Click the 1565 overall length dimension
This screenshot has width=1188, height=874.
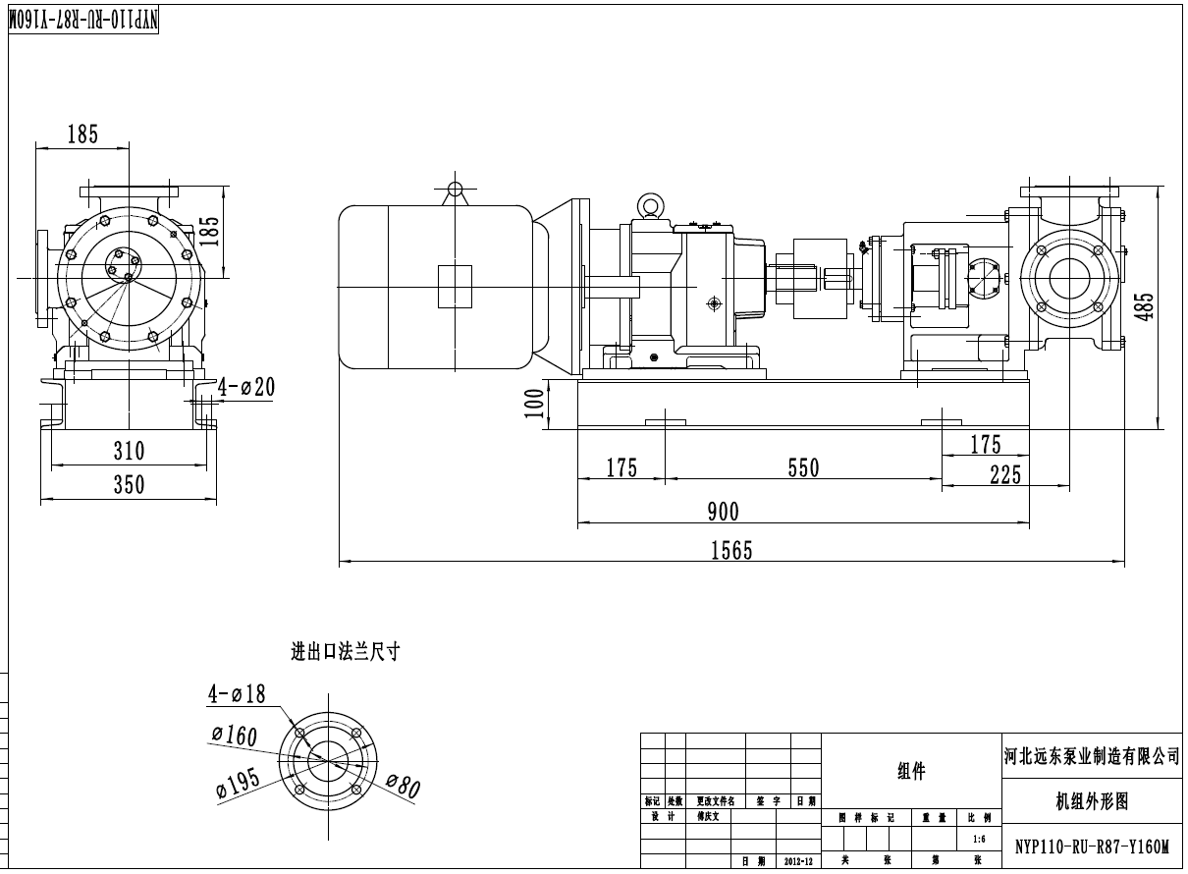[x=731, y=550]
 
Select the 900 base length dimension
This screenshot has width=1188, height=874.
[x=723, y=511]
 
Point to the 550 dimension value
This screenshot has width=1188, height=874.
[x=803, y=468]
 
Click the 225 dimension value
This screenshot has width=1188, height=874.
[x=1005, y=476]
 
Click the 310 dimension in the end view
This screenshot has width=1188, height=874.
[x=129, y=451]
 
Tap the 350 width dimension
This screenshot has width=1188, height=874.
[x=129, y=484]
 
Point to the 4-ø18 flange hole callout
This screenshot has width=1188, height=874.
[x=237, y=694]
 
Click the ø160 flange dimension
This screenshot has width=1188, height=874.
[x=234, y=736]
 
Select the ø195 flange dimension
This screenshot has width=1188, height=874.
[x=239, y=783]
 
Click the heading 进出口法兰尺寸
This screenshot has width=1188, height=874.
[x=345, y=651]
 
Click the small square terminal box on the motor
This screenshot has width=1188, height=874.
[x=455, y=286]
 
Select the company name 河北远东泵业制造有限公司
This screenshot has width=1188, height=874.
[x=1091, y=756]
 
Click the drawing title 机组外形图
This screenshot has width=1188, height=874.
[x=1092, y=801]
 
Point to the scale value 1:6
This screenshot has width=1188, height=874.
[x=979, y=840]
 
